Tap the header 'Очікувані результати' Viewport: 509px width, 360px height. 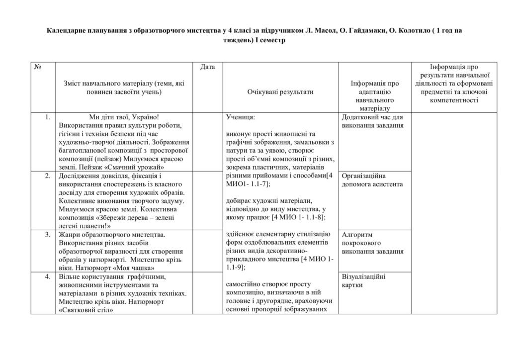pyautogui.click(x=280, y=92)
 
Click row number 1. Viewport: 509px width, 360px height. pyautogui.click(x=47, y=117)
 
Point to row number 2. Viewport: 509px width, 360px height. pyautogui.click(x=47, y=176)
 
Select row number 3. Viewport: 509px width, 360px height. pyautogui.click(x=47, y=234)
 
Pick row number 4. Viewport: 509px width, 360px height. pyautogui.click(x=47, y=276)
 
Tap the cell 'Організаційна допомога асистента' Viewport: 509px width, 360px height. pyautogui.click(x=373, y=180)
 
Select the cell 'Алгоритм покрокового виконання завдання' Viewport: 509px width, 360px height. pyautogui.click(x=373, y=243)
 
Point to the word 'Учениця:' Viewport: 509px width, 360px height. pyautogui.click(x=241, y=117)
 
